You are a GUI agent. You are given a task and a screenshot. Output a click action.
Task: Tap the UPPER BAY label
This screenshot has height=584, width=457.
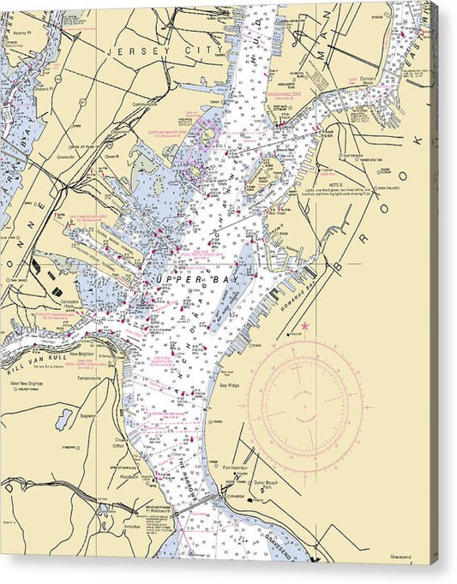[194, 280]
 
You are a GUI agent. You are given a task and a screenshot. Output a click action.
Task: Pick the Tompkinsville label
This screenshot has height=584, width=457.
[90, 378]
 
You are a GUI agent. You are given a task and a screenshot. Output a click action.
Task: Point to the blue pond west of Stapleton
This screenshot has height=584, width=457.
[64, 419]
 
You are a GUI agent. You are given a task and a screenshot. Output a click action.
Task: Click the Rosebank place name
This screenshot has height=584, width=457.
[130, 479]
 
